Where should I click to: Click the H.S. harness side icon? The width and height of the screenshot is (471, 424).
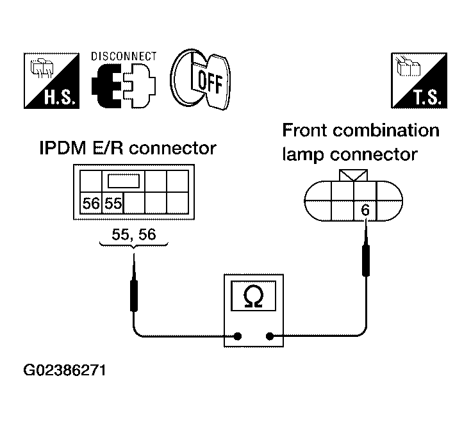(x=52, y=81)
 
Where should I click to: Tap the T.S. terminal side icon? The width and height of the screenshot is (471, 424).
(x=419, y=81)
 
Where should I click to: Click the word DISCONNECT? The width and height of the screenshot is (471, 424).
(x=124, y=56)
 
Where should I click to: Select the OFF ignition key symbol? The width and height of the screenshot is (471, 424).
(x=201, y=79)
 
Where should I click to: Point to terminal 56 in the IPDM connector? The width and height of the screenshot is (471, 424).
(x=91, y=203)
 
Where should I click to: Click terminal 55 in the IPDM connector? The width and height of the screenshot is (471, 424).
(x=113, y=203)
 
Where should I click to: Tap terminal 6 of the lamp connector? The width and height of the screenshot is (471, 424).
(x=365, y=210)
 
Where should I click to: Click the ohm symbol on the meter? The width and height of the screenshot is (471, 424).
(x=254, y=297)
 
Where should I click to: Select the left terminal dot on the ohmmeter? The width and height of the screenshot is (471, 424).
(x=238, y=336)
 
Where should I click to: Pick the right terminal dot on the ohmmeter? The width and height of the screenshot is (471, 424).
(x=270, y=336)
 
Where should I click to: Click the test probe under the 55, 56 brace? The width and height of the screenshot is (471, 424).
(x=134, y=282)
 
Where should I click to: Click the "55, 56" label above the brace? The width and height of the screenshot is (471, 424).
(x=134, y=234)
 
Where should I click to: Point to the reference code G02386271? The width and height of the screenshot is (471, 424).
(x=65, y=371)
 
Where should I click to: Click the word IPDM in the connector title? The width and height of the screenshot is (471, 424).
(x=63, y=148)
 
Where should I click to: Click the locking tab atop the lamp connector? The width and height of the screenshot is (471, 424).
(x=353, y=175)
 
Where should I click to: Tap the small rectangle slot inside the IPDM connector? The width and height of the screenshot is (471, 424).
(x=124, y=181)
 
